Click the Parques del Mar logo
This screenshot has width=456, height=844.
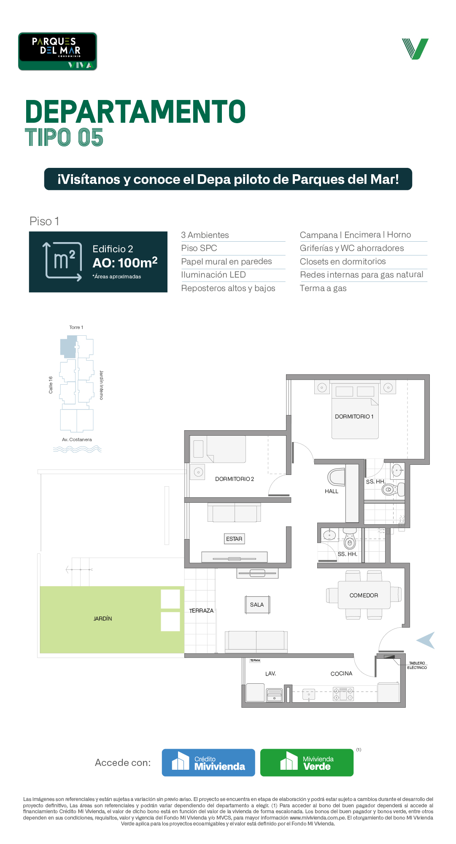tap(57, 51)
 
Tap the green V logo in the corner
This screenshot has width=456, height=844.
tap(415, 49)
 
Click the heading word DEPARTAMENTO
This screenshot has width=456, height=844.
tap(135, 112)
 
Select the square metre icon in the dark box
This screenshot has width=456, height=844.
tap(63, 261)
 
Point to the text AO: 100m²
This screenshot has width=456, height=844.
tap(125, 262)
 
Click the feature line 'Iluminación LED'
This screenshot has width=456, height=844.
tap(213, 275)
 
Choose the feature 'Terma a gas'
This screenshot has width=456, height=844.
tap(323, 288)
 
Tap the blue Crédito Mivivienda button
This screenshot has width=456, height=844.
tap(208, 763)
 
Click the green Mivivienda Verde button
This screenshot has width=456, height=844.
tap(307, 763)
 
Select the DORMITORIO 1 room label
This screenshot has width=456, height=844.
tap(354, 416)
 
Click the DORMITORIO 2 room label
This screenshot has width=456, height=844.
tap(235, 479)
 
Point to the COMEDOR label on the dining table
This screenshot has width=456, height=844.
tap(364, 595)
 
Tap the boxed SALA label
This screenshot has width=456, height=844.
tap(257, 604)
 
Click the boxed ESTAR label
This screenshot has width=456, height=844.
tap(234, 539)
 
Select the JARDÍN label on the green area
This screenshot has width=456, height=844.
tap(103, 618)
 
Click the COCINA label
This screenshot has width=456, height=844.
tap(341, 674)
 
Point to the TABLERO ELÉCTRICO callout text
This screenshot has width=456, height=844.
tap(417, 665)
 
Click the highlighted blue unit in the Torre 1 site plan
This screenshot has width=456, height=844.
tap(68, 347)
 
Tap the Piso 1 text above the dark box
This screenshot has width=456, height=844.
tap(44, 221)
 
